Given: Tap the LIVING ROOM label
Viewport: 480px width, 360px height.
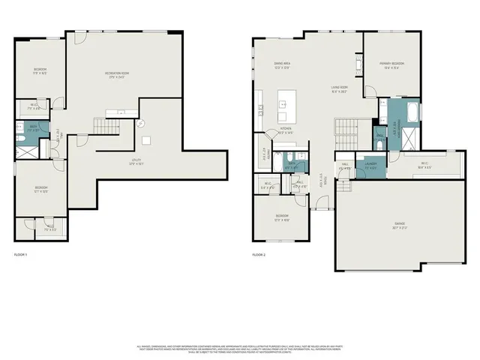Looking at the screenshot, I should point(340,89).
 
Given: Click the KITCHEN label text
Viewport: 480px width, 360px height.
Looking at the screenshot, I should point(286,130).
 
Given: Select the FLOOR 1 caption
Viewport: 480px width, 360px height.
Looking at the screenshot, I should point(21,255).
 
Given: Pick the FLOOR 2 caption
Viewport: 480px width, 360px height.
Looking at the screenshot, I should point(259,255).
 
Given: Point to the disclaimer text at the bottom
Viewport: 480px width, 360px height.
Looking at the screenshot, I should point(240,348).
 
